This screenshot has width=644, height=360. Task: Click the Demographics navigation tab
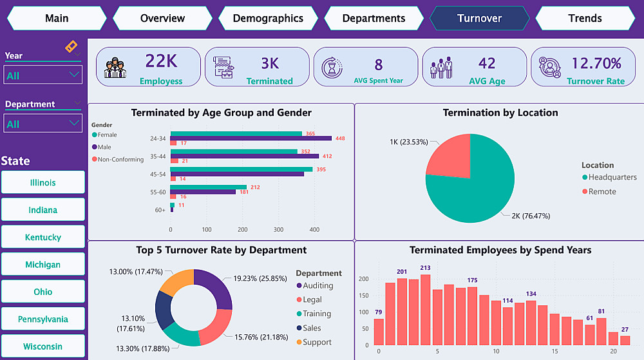(268, 18)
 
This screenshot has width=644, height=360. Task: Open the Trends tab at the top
(585, 18)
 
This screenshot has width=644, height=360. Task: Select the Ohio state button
(43, 292)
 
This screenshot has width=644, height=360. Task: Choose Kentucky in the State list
(43, 237)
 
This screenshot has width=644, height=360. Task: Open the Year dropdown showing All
(43, 75)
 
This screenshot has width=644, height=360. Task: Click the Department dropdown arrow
(75, 123)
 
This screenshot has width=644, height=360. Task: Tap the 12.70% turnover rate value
(596, 63)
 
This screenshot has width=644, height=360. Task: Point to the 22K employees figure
(161, 61)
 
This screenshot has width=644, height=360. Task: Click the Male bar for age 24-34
(251, 138)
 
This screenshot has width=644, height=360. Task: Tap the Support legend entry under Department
(317, 342)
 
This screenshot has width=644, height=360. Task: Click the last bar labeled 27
(625, 340)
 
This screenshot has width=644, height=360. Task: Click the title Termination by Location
(500, 113)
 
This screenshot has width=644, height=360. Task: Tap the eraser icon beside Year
(71, 47)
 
